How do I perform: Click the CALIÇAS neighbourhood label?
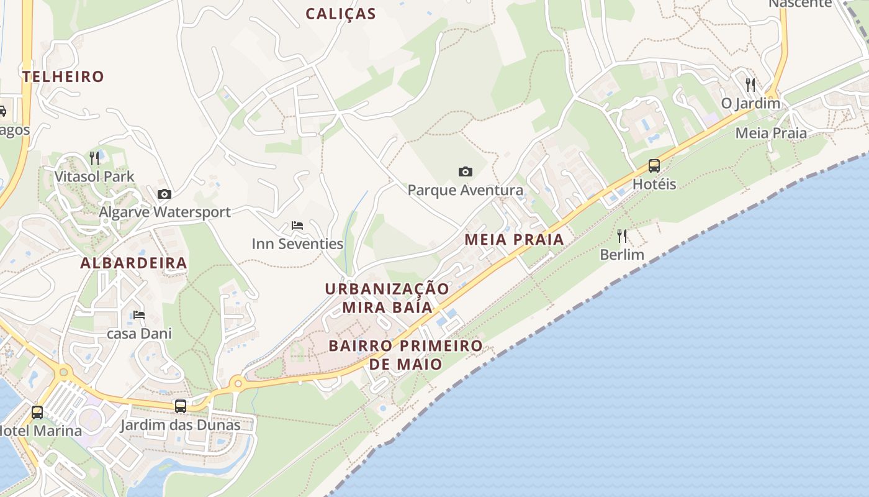341,14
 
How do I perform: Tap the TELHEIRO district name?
63,76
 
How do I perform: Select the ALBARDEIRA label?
133,263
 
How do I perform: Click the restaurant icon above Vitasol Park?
94,158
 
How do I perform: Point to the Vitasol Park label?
94,176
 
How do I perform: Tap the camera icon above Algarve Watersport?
164,194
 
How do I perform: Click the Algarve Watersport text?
164,212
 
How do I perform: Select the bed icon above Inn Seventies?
297,225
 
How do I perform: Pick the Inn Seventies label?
297,244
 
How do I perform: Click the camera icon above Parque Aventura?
465,171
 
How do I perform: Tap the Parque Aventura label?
465,190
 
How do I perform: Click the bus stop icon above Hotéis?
654,166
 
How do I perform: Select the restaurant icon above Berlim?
622,236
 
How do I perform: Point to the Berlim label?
622,255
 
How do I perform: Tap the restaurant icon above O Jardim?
750,84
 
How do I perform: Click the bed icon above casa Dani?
139,315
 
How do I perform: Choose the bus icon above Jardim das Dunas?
181,406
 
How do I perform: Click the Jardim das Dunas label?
180,426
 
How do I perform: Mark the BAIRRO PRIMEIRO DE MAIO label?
405,355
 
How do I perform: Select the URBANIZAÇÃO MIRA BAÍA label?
387,298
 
